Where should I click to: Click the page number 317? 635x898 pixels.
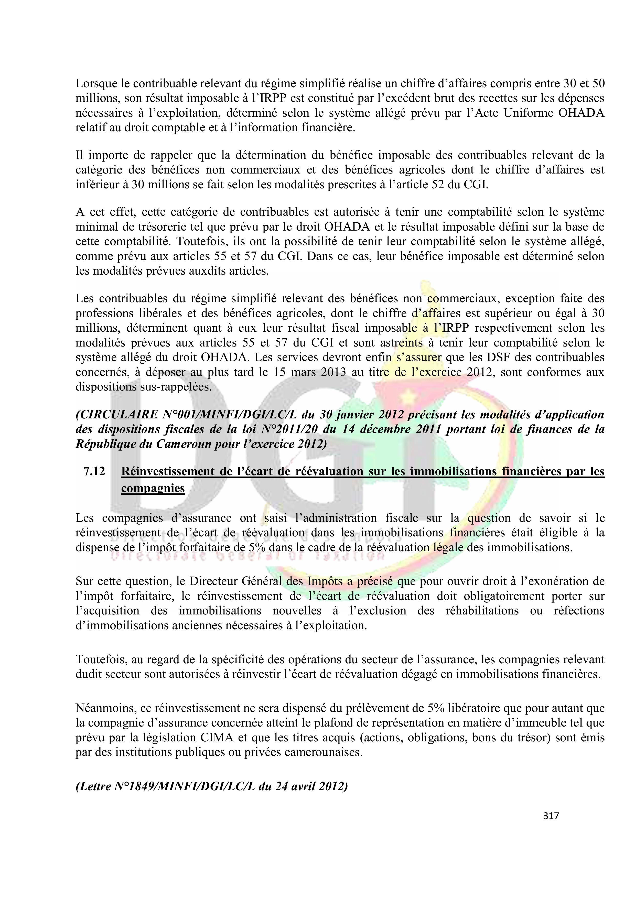[x=551, y=816]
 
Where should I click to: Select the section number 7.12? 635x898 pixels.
[x=94, y=472]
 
